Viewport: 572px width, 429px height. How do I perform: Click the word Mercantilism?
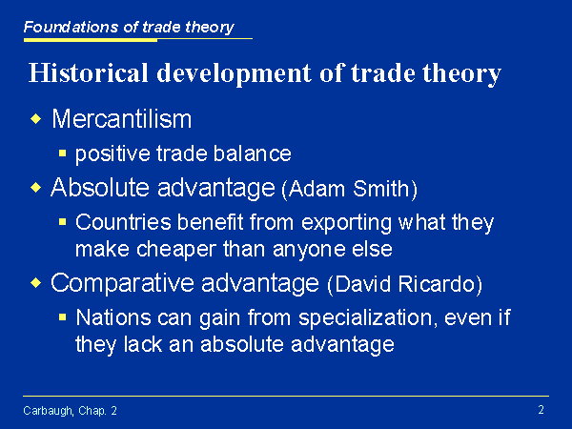(121, 118)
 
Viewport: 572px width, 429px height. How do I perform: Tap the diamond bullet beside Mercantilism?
(36, 118)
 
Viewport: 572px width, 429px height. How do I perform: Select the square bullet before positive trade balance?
(62, 153)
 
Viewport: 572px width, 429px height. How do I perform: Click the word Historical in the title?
(89, 72)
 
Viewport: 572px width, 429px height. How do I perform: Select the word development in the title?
(235, 73)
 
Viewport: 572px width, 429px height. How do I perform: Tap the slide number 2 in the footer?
(541, 410)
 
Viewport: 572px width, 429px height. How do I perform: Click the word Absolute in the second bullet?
(100, 188)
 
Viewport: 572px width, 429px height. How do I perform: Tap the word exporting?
(346, 222)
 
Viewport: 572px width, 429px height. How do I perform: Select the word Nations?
(113, 317)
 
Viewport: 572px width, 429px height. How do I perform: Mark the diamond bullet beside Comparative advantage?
(36, 283)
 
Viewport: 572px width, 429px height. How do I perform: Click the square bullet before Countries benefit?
(62, 221)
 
